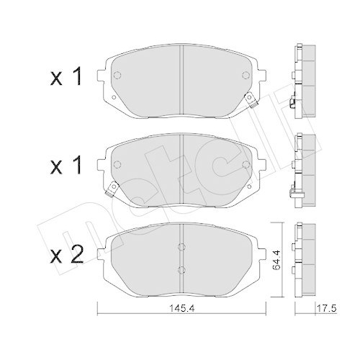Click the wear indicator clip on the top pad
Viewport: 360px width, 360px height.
248,102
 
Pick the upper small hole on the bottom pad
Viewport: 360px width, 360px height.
181,251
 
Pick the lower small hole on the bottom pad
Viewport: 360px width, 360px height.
181,271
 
